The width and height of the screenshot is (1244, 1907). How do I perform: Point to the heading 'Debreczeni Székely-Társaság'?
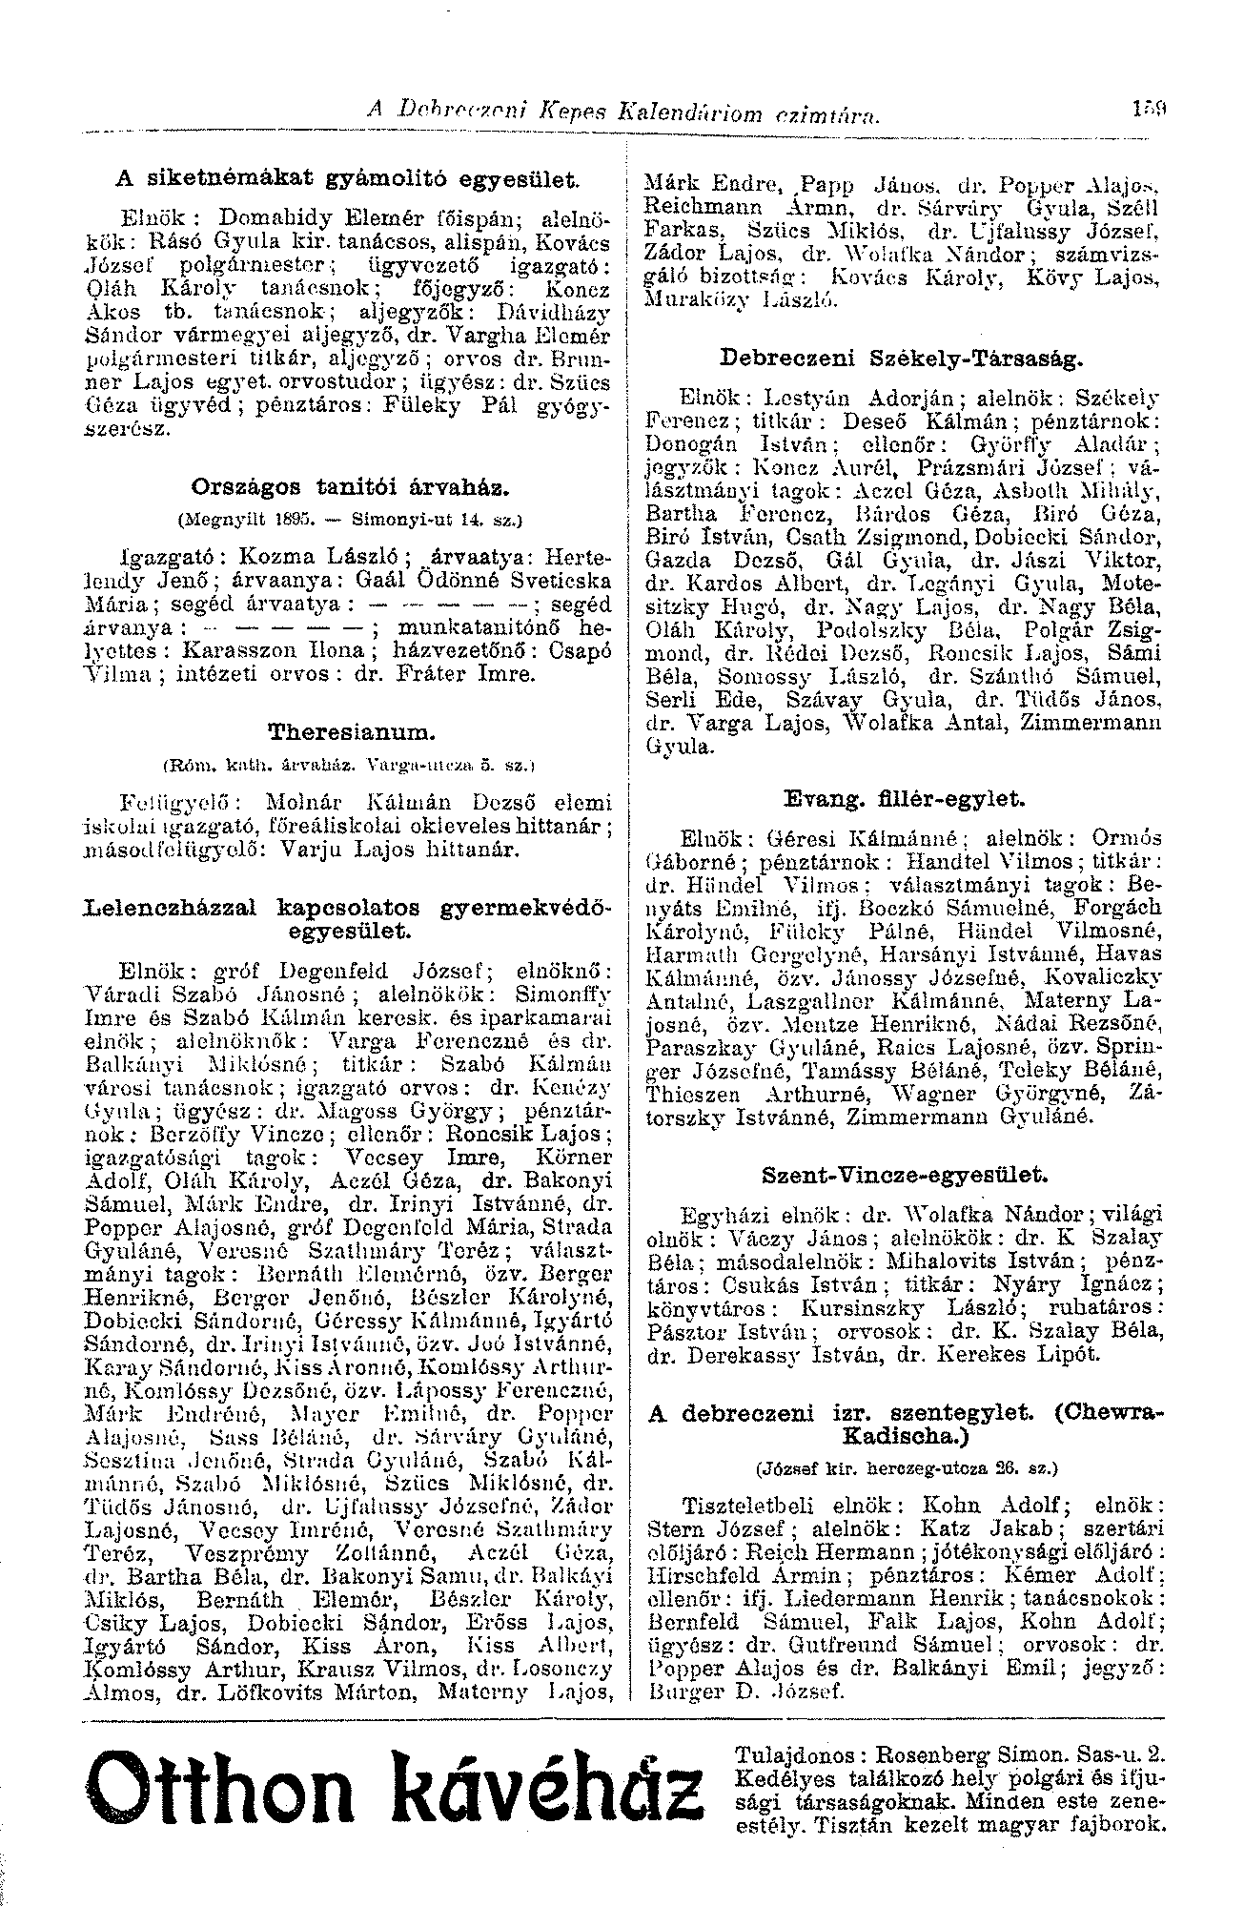click(x=901, y=359)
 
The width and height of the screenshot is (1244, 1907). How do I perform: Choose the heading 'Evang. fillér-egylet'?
click(x=901, y=798)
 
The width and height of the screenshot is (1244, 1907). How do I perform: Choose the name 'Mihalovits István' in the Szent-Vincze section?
click(x=981, y=1261)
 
